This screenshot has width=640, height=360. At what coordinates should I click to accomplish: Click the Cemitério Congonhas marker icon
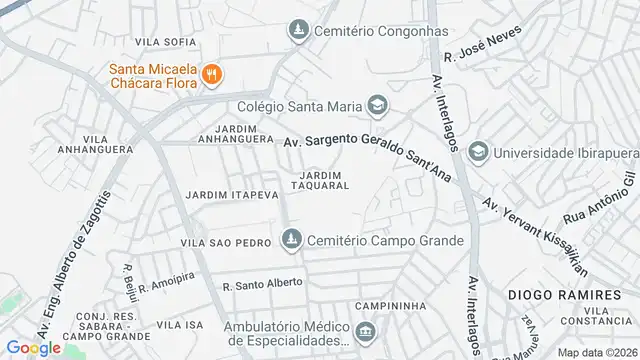click(x=297, y=33)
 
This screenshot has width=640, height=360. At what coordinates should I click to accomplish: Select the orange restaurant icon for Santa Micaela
click(x=211, y=74)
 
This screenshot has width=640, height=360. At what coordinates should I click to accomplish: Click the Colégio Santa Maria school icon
click(x=377, y=104)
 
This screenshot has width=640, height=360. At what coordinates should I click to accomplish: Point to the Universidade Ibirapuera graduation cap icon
click(x=478, y=150)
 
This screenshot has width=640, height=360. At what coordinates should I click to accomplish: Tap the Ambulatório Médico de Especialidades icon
click(x=366, y=332)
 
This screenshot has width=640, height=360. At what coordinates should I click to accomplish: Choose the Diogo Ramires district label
click(x=557, y=295)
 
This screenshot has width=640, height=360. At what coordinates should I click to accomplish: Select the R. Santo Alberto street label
click(x=262, y=283)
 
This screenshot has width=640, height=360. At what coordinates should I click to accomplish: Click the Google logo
click(x=34, y=347)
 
